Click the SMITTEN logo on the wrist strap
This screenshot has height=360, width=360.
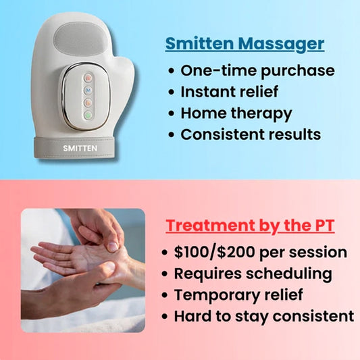pyautogui.click(x=80, y=144)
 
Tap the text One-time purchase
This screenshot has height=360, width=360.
pyautogui.click(x=257, y=70)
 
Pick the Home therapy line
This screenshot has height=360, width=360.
pyautogui.click(x=236, y=113)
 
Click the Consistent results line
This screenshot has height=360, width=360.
pyautogui.click(x=251, y=134)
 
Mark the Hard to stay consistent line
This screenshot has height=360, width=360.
pyautogui.click(x=263, y=315)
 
